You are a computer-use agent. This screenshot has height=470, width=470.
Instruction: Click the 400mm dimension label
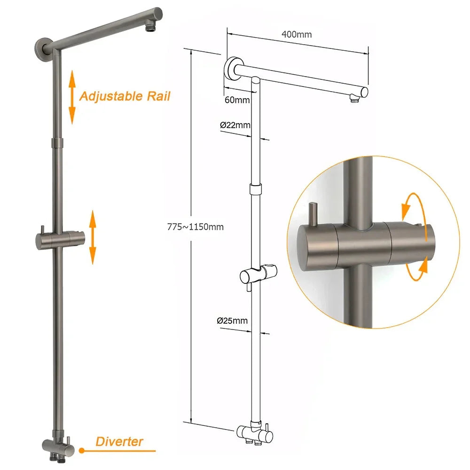click(x=297, y=34)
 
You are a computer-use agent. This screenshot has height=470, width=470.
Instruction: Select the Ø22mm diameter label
click(x=235, y=125)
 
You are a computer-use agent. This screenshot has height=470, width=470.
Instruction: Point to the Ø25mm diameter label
click(x=232, y=321)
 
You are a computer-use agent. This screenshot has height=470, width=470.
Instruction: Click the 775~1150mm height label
click(x=196, y=227)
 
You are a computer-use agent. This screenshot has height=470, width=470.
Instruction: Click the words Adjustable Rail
click(x=125, y=96)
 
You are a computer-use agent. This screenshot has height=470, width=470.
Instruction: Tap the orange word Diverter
click(x=119, y=441)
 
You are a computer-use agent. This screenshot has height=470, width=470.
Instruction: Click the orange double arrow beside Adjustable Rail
click(x=72, y=97)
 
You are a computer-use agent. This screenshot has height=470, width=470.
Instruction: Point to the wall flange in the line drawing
click(x=231, y=70)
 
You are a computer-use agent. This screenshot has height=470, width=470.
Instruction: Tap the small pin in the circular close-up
click(x=312, y=211)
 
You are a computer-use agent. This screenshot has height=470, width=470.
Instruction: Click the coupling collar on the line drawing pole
click(x=254, y=189)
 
